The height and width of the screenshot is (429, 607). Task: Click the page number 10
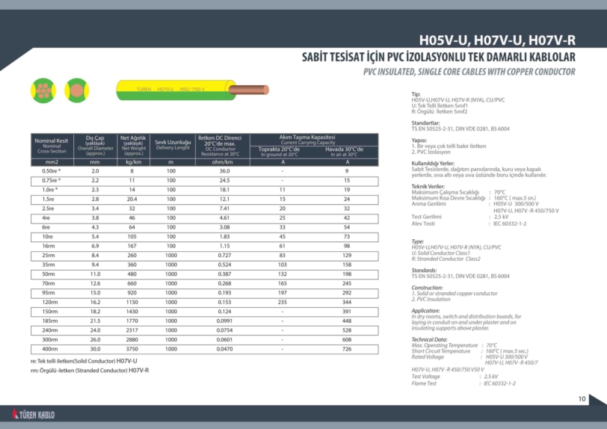(582, 398)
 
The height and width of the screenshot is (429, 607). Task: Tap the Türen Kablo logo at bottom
(34, 413)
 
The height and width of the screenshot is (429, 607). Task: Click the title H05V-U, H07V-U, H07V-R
(496, 40)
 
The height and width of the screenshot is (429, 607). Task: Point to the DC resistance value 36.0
(224, 171)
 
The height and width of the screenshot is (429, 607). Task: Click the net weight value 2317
(134, 330)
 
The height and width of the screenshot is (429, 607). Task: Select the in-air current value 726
(347, 349)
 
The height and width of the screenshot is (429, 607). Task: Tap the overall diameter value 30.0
(95, 349)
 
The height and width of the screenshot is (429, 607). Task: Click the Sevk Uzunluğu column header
(173, 144)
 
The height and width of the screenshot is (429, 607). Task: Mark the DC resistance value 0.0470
(224, 349)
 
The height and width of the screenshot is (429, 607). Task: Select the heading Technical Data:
(429, 339)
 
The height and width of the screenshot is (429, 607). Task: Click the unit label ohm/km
(224, 161)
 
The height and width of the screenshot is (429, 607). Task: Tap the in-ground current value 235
(283, 302)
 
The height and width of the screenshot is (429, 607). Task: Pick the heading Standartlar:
(425, 122)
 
